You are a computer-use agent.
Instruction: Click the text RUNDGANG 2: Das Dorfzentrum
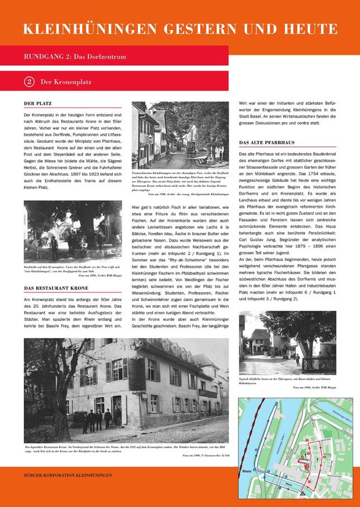pos(75,57)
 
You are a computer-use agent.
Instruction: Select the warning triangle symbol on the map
pos(302,493)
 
